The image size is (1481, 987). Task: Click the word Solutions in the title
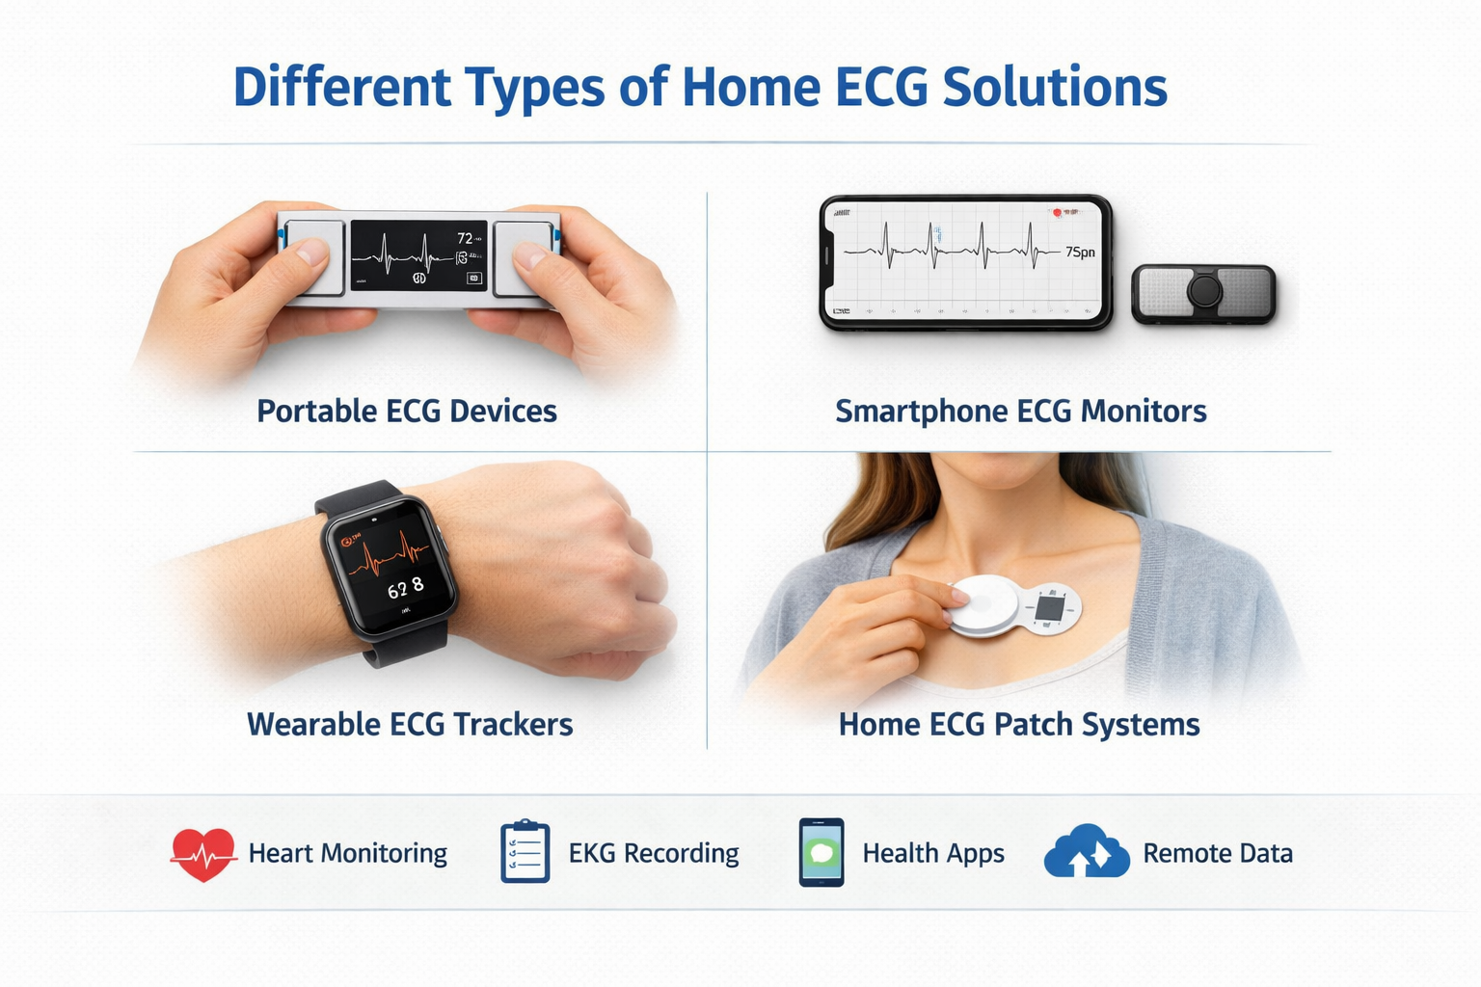click(x=1054, y=87)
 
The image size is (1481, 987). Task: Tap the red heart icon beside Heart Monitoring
click(x=203, y=853)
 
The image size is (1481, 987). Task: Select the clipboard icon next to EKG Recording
click(x=525, y=852)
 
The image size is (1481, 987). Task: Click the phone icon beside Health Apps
click(x=821, y=852)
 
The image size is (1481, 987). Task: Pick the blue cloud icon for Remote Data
click(x=1087, y=851)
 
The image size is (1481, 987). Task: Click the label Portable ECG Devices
click(x=407, y=412)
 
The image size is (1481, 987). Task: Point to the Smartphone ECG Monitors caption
click(x=1020, y=412)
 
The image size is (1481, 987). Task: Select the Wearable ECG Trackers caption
click(x=410, y=725)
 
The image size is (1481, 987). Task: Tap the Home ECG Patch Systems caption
click(x=1019, y=725)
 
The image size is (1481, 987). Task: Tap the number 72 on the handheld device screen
click(x=465, y=238)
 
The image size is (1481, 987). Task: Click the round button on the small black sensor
click(x=1203, y=290)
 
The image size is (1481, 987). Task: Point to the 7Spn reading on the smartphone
click(x=1080, y=253)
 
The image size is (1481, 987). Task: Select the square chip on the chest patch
click(x=1049, y=608)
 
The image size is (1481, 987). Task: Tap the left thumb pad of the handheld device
click(x=314, y=258)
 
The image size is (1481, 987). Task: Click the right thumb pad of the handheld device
click(x=524, y=258)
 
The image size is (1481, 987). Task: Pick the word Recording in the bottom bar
click(x=681, y=854)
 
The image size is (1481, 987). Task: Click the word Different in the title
click(x=341, y=87)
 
